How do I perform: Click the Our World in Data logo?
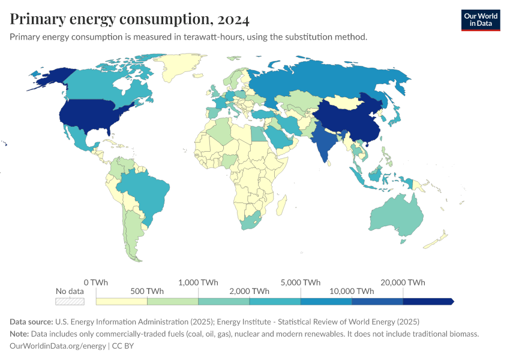click(x=480, y=20)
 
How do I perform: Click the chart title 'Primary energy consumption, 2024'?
click(x=130, y=19)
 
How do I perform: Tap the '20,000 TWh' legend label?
click(x=402, y=283)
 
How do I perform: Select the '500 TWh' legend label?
click(x=147, y=291)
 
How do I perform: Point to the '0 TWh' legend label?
click(x=96, y=283)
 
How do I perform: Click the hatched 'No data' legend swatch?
click(x=70, y=301)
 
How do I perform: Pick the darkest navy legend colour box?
click(x=427, y=301)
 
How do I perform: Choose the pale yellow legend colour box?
click(x=121, y=301)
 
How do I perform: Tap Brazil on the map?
click(x=144, y=192)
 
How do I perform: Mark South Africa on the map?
click(x=252, y=220)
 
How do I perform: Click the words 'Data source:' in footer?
click(x=31, y=321)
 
